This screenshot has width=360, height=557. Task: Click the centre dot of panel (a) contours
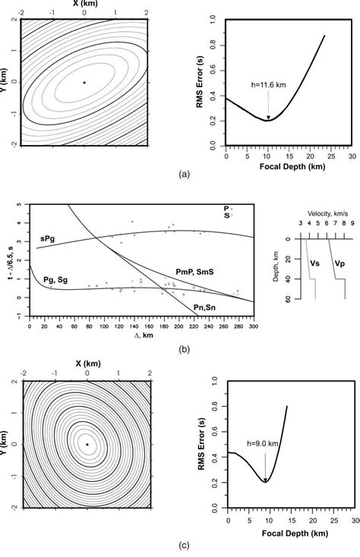pyautogui.click(x=84, y=82)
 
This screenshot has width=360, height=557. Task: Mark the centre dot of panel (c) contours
pyautogui.click(x=87, y=444)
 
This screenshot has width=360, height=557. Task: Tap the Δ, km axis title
pyautogui.click(x=130, y=334)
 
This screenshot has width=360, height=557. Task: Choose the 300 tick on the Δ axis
pyautogui.click(x=251, y=324)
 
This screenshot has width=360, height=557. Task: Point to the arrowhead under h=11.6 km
pyautogui.click(x=268, y=118)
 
